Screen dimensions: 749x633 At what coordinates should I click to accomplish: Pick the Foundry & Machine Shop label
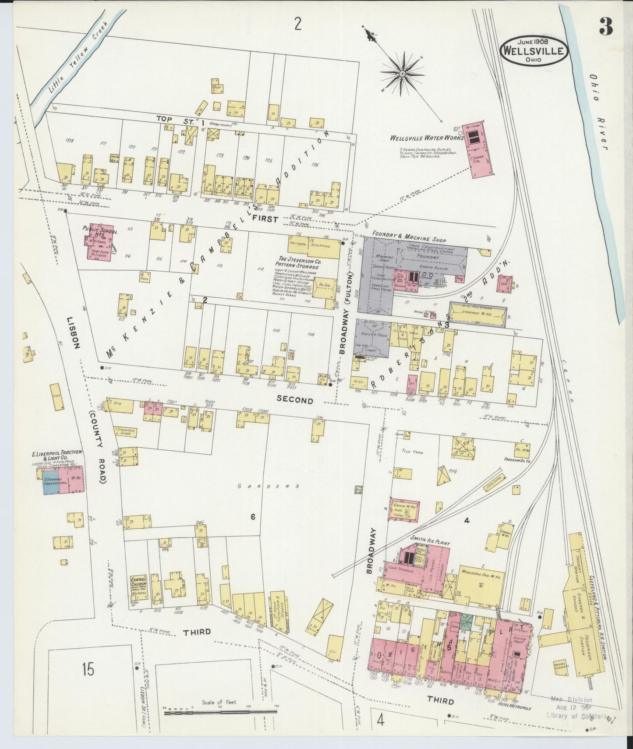pos(409,240)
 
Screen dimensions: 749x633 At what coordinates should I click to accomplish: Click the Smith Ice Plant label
pos(430,542)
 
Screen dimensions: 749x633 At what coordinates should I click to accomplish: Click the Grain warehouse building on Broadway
pos(404,509)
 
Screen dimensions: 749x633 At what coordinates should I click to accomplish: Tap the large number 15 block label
pos(88,669)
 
